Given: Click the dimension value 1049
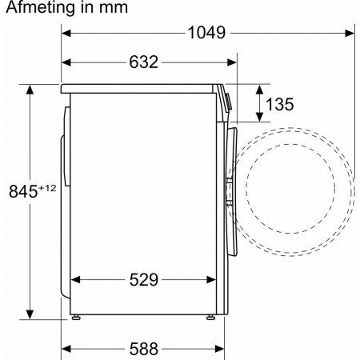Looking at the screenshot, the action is coord(206,33).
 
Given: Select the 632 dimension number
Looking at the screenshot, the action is coord(144,62).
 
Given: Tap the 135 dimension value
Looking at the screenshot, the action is coord(280,104).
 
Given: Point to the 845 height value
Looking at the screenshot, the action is coord(23,191).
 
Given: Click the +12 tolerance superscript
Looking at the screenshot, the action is coord(47,188).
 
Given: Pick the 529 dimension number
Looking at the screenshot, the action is coord(144,280).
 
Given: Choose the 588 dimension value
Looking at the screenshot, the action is coord(144,349).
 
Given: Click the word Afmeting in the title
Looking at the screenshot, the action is coord(40,7).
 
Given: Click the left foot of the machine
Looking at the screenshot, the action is coord(76,317).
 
